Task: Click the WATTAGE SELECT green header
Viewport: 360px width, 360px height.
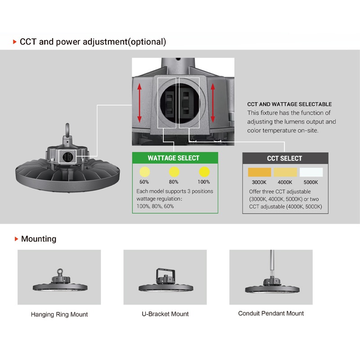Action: coord(173,158)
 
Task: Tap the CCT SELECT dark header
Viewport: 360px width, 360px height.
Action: coord(284,158)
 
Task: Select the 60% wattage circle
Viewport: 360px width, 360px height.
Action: coord(144,171)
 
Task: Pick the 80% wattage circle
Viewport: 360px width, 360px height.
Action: coord(174,171)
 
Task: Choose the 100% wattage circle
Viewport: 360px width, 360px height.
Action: coord(204,171)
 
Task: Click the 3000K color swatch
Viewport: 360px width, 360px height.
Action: coord(259,172)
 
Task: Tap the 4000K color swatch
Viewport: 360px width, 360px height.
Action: coord(285,172)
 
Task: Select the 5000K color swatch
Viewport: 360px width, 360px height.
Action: coord(311,172)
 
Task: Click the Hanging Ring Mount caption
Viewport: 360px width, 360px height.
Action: coord(59,314)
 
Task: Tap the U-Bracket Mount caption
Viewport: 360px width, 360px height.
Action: coord(165,314)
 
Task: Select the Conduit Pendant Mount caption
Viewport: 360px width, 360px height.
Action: coord(271,313)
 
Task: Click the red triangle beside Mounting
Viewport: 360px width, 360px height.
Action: coord(16,239)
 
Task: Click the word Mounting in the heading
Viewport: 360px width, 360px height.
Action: coord(39,239)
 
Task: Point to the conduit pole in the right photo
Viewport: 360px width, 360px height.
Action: coord(271,263)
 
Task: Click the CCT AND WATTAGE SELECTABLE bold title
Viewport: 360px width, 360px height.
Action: coord(289,104)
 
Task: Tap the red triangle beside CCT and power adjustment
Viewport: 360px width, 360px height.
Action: coord(15,42)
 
